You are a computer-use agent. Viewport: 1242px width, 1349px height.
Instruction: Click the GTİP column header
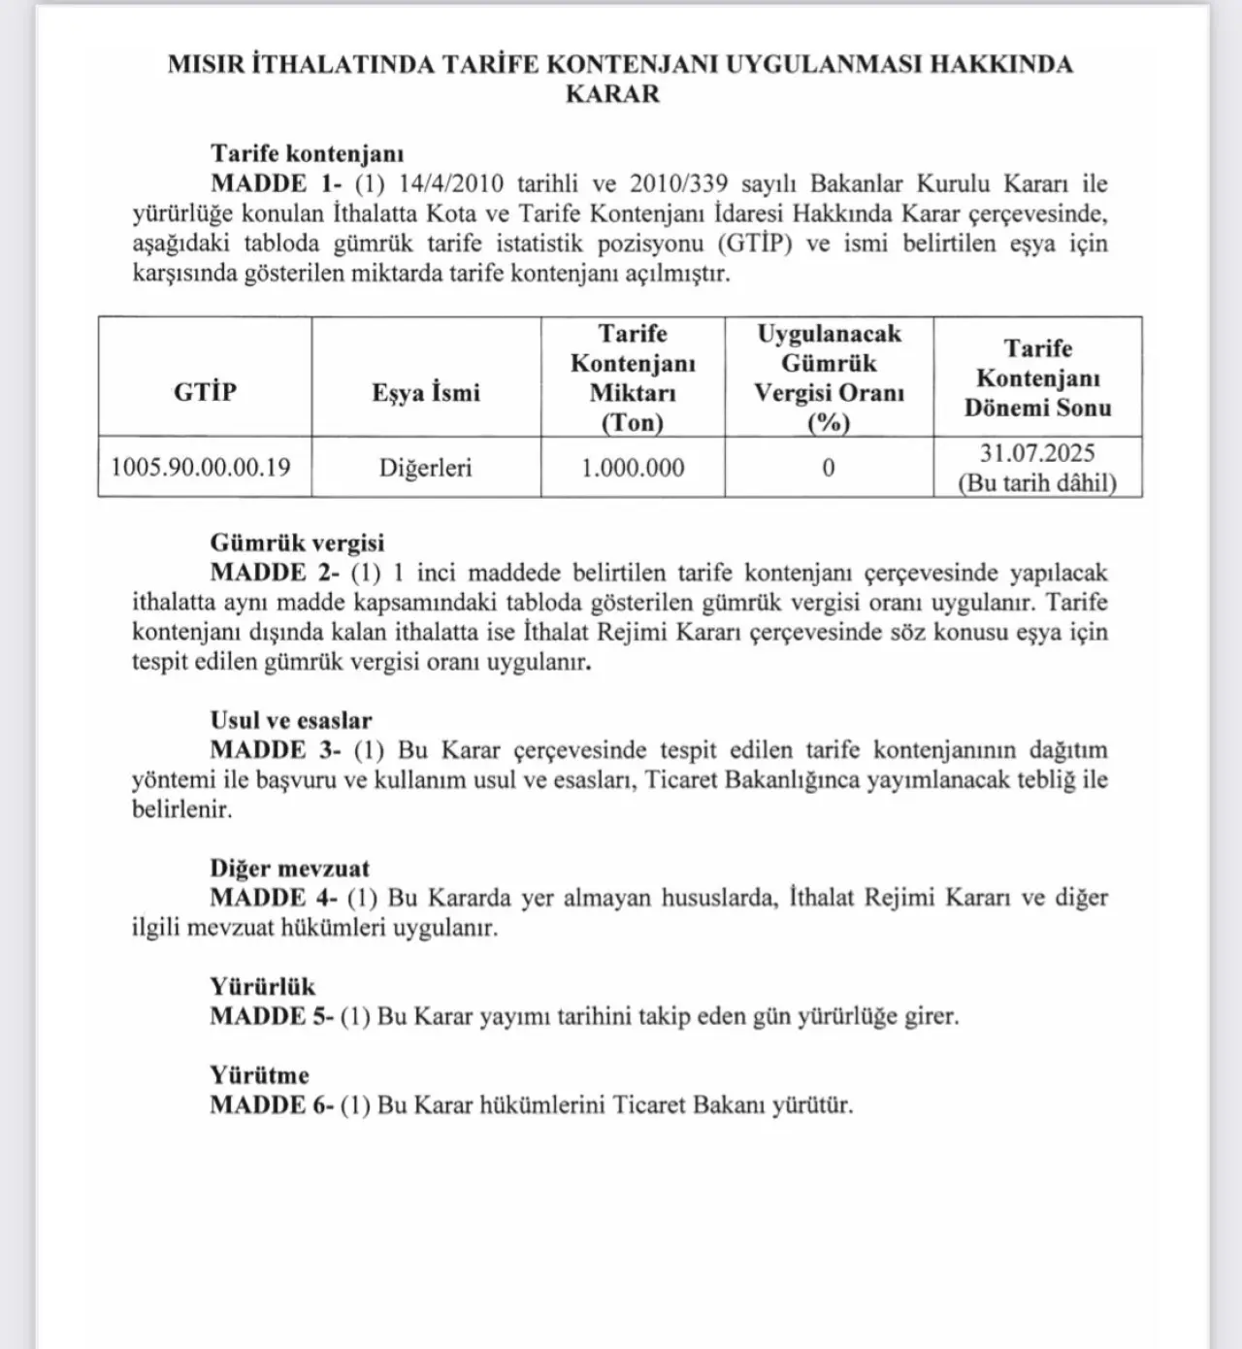205,391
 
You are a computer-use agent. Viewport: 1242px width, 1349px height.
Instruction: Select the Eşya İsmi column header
426,392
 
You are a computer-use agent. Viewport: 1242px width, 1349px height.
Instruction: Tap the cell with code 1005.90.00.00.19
201,467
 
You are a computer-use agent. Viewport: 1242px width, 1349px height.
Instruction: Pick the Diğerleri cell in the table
426,468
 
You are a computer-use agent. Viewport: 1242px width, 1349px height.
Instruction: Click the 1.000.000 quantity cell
633,468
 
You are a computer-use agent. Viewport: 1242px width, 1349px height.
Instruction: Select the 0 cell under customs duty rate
829,468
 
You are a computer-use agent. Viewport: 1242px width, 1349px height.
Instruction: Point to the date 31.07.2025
1037,452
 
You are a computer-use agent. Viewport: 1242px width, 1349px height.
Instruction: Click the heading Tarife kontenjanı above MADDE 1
307,153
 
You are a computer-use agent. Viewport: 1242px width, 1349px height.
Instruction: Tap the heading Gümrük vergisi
297,543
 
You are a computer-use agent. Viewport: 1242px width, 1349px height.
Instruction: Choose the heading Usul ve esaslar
291,720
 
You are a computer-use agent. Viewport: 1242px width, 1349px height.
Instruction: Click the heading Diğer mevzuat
289,868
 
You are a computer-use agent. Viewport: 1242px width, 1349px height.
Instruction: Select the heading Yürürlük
262,986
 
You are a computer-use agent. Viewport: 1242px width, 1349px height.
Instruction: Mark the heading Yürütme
259,1074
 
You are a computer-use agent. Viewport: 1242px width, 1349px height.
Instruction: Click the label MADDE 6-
272,1104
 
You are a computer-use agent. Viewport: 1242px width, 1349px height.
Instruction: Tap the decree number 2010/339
677,183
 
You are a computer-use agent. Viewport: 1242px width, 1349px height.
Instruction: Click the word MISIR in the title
205,64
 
